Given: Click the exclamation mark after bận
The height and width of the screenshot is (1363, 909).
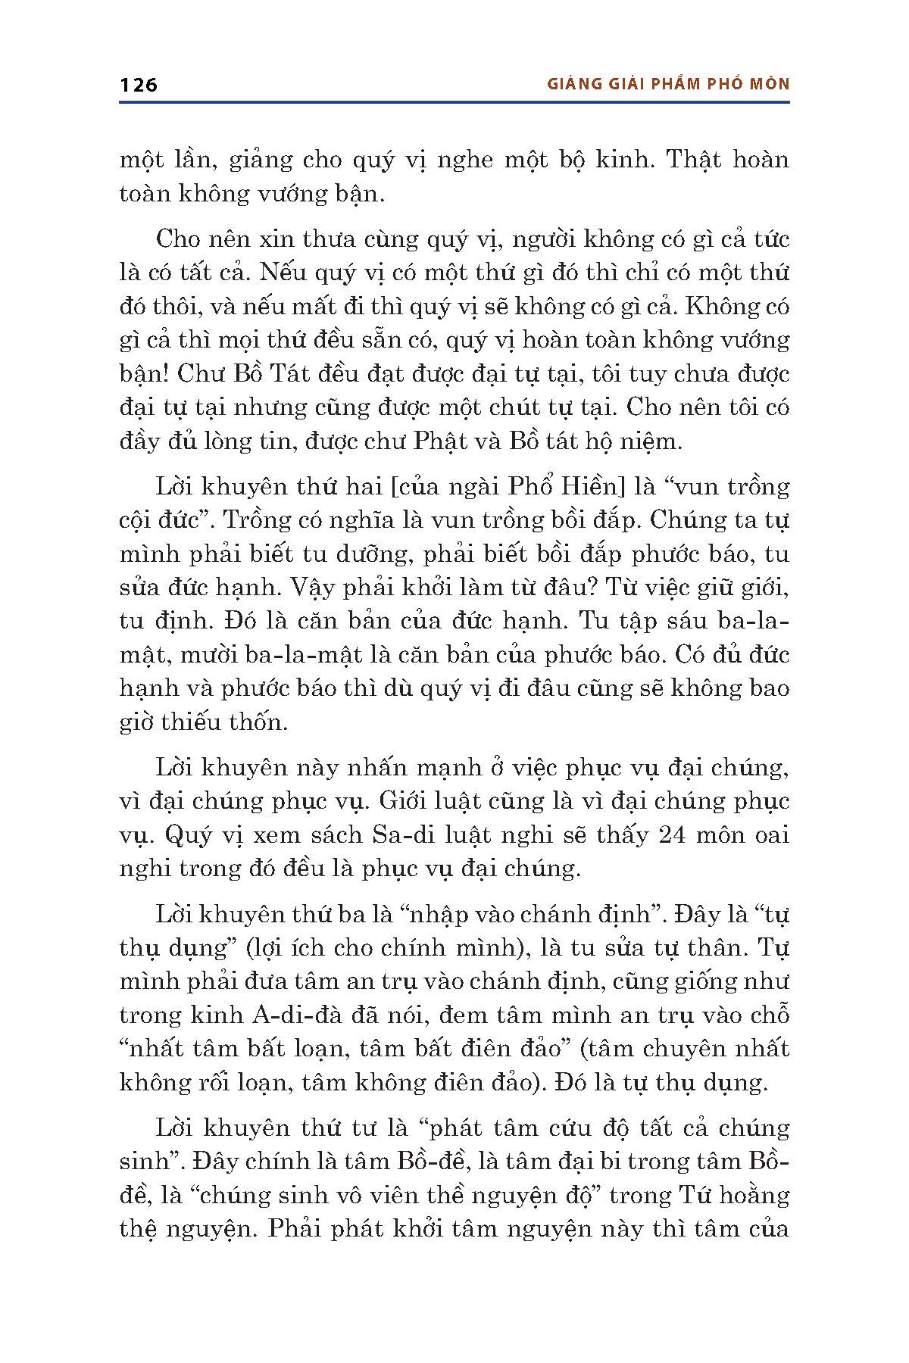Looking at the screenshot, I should click(164, 375).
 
